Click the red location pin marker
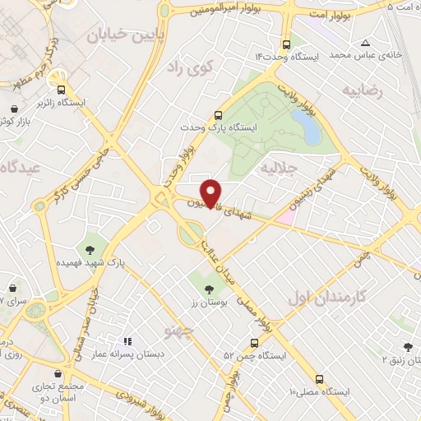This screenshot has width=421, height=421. pos(211,192)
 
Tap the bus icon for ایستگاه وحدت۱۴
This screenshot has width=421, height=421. pos(285,44)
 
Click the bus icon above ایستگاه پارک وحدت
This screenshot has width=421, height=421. pos(217,116)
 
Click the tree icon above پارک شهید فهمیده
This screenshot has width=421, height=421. pos(88,249)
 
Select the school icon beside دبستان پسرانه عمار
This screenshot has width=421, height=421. pos(126,340)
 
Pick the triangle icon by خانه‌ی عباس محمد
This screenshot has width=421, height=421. pos(365,43)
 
